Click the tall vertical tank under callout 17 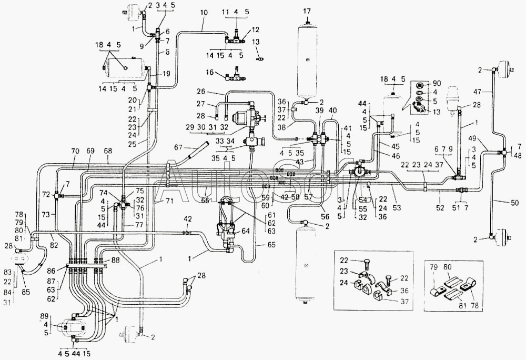[x=307, y=58]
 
